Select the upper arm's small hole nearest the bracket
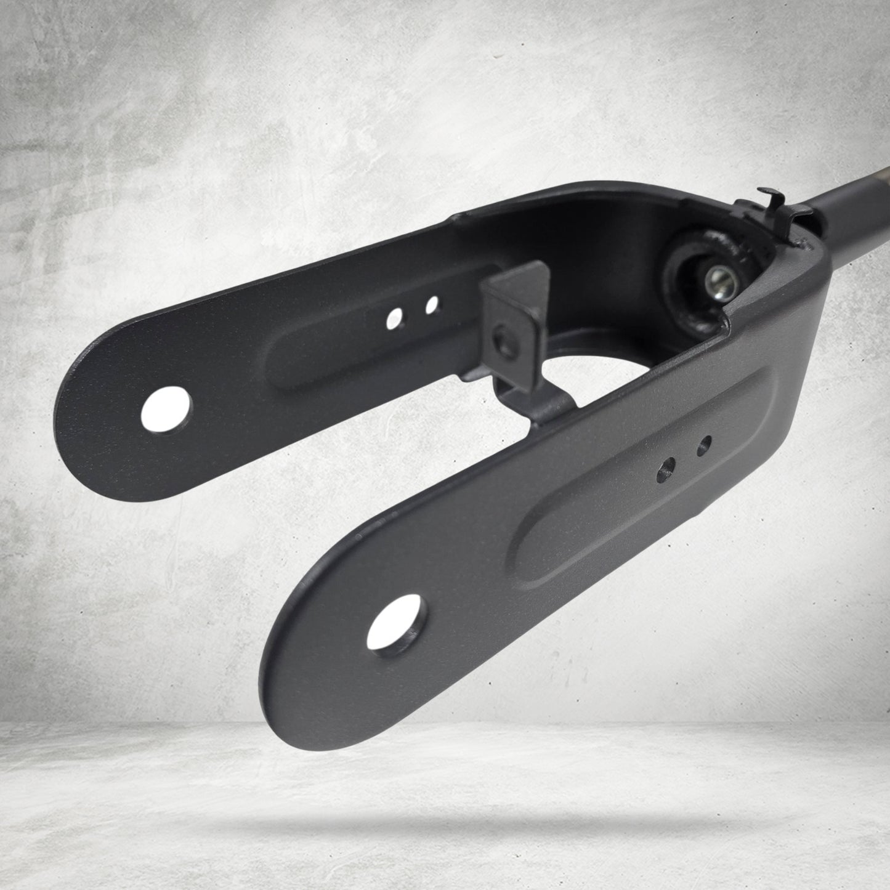[431, 304]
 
